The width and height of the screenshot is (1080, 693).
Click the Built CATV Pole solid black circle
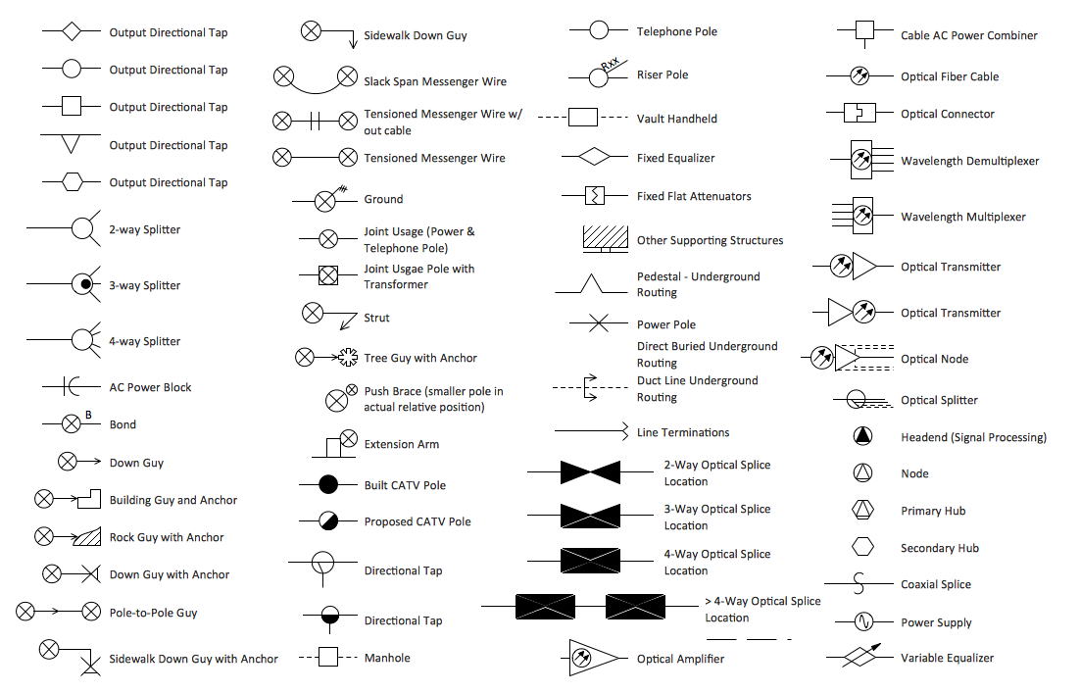point(328,484)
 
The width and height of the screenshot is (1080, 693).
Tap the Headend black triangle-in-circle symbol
point(862,436)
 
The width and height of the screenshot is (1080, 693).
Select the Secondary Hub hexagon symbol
point(862,547)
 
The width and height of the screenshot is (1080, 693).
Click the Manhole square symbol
point(328,657)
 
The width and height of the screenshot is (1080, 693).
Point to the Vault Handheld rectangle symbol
point(583,118)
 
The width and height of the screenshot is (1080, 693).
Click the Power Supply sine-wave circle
point(862,621)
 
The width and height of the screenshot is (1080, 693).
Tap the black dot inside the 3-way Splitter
point(86,284)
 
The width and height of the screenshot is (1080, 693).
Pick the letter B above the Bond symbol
point(88,415)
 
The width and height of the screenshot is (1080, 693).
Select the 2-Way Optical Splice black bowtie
point(590,472)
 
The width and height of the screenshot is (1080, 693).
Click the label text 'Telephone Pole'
point(676,31)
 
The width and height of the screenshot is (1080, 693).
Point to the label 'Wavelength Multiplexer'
point(962,217)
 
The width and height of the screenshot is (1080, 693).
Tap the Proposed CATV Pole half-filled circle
point(328,520)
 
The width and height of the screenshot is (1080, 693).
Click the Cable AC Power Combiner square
point(864,30)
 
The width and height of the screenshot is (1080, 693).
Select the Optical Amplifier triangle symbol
point(592,658)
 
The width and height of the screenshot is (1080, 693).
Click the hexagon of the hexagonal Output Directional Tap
point(72,181)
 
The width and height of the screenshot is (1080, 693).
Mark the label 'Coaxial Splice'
point(935,584)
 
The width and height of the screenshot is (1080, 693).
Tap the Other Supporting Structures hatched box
point(605,237)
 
